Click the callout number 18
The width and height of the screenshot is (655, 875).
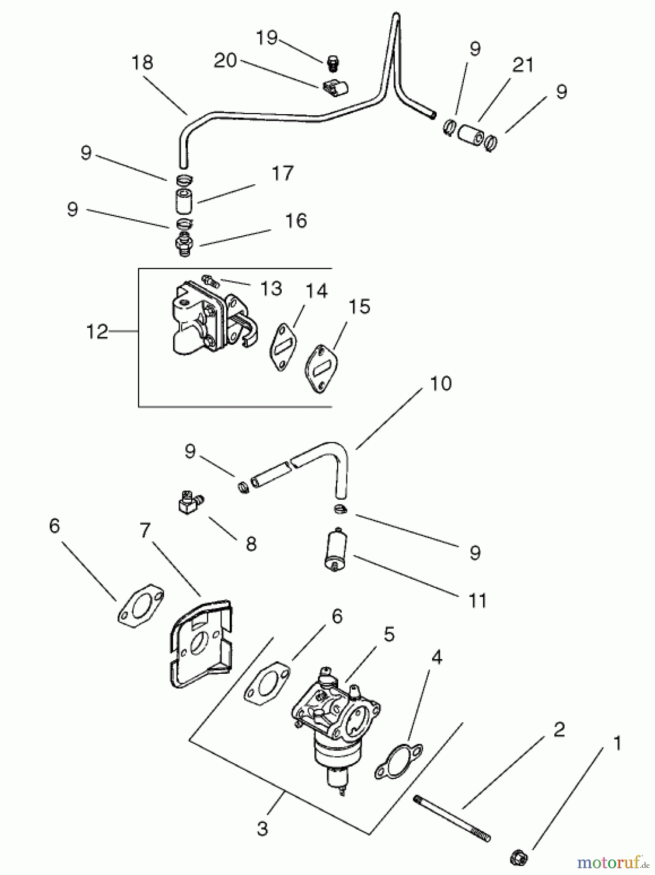click(x=142, y=63)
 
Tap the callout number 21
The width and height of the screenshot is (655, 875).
click(x=524, y=65)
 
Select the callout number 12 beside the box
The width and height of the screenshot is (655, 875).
click(x=97, y=332)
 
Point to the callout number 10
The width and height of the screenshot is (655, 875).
click(x=441, y=384)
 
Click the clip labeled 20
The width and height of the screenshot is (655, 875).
click(x=336, y=88)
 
